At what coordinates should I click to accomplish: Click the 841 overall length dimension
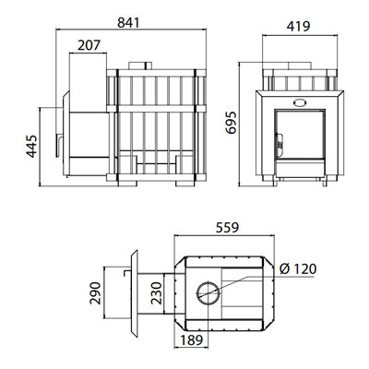[128, 23]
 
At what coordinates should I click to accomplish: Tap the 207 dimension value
[89, 45]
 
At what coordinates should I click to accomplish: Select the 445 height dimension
[32, 146]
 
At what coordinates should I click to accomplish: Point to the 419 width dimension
[298, 27]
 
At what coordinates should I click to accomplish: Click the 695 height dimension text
[232, 123]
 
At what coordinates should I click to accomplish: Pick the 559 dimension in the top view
[227, 228]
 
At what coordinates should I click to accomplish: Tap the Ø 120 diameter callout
[298, 269]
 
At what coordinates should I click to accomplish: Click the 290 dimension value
[95, 293]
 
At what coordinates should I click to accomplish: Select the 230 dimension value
[157, 293]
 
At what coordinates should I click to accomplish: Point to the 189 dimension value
[192, 340]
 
